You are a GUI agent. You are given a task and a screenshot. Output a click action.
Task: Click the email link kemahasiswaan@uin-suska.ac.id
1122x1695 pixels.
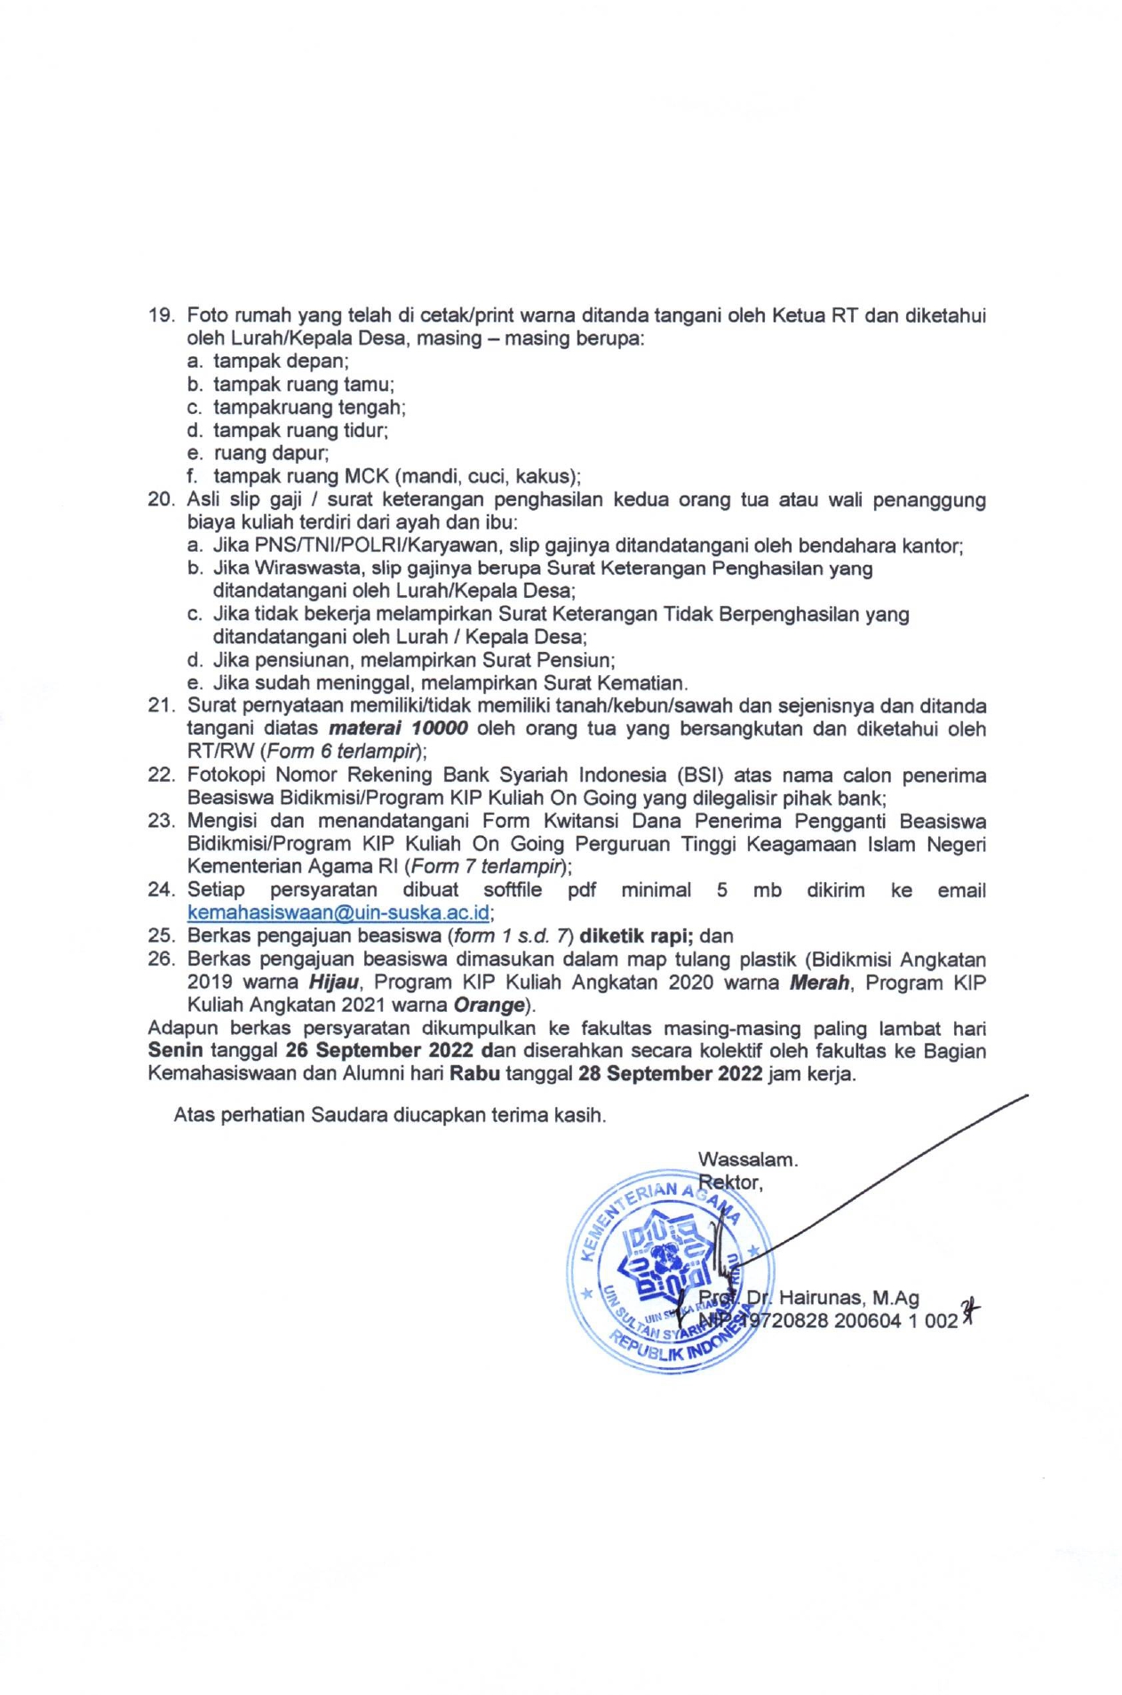click(338, 912)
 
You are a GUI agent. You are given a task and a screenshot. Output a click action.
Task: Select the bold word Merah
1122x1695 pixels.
click(820, 983)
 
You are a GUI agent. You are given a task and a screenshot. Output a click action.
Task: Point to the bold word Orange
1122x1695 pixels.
click(489, 1006)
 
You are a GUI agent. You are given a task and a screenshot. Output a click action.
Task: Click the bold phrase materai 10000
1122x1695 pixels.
click(398, 729)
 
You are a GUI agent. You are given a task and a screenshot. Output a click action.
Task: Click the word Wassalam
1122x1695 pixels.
click(747, 1159)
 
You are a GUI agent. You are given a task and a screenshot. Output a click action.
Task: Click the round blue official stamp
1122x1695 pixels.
click(668, 1271)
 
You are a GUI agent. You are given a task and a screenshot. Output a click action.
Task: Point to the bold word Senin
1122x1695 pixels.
click(175, 1051)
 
